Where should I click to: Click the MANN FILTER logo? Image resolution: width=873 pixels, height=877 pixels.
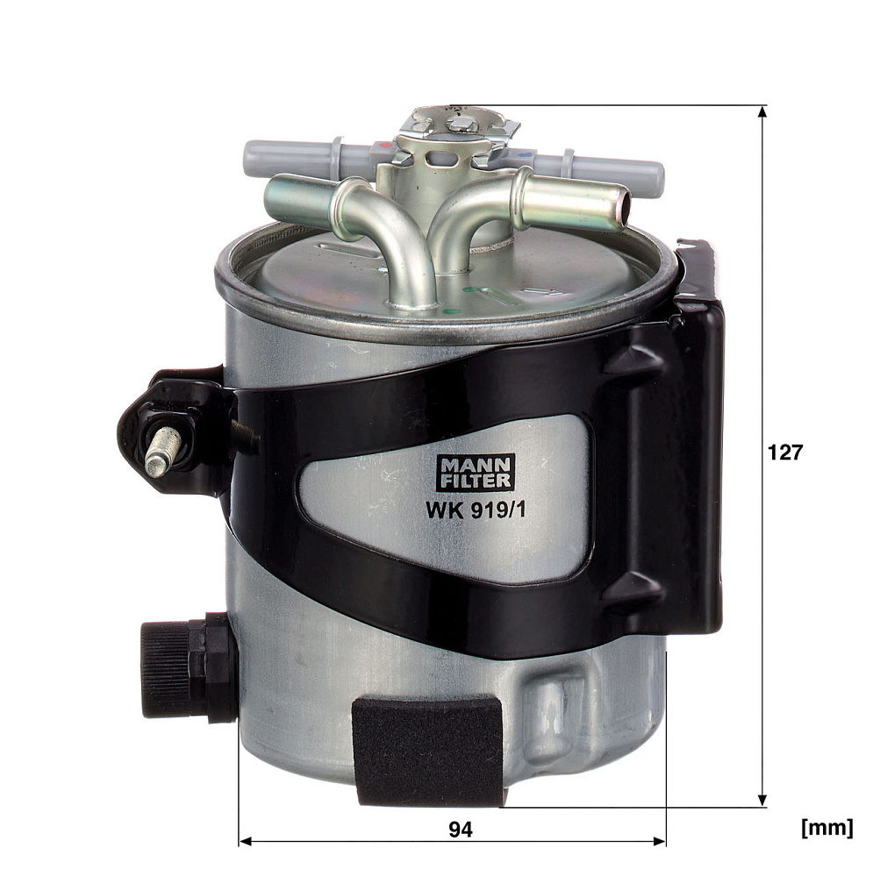pos(476,472)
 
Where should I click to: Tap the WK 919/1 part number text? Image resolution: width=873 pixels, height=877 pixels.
pos(476,510)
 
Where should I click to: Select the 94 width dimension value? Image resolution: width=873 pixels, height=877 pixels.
pos(461,830)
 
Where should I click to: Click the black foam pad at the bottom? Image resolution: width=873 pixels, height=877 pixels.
pos(426,751)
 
